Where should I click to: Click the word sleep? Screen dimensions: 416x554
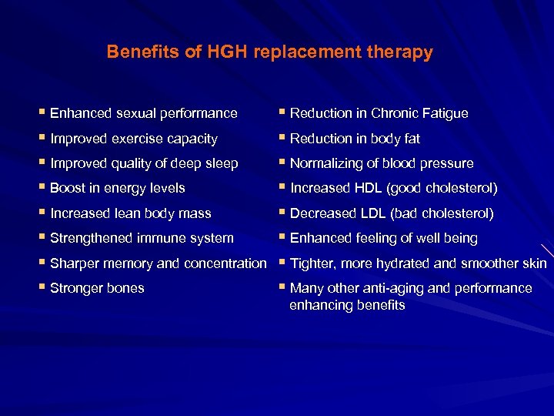tap(222, 163)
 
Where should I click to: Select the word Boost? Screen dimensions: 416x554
tap(67, 188)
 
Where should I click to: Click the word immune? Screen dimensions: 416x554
tap(151, 238)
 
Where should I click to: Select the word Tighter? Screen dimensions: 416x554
tap(312, 263)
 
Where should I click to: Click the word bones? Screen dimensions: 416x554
tap(125, 288)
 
